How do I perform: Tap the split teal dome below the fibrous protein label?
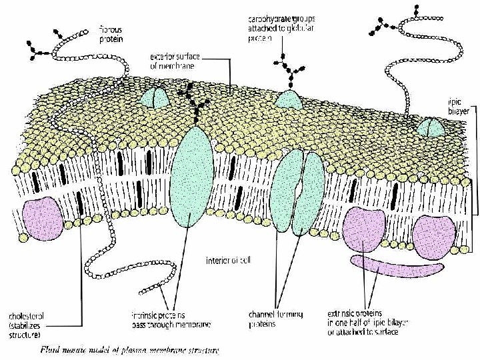point(155,99)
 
